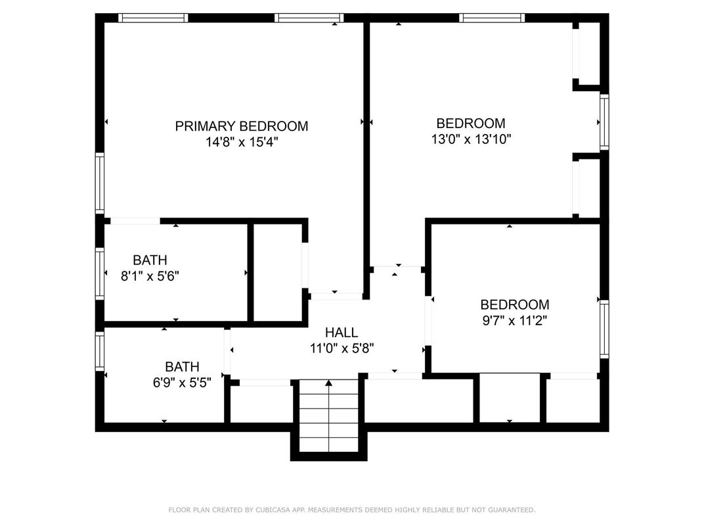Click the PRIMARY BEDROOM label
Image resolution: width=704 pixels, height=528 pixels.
point(242,126)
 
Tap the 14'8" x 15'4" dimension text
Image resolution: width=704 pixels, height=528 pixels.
point(242,143)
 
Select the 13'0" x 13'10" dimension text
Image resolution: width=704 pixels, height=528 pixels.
point(472,139)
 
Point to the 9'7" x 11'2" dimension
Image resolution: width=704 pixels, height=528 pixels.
point(514,320)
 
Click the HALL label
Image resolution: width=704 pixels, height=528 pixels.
point(341,333)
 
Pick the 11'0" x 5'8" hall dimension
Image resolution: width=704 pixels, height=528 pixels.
point(342,349)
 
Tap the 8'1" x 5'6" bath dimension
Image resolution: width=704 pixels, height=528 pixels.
point(150,276)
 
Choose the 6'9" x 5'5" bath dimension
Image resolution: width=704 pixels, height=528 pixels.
point(182,382)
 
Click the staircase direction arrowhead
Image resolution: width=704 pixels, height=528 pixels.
point(328,383)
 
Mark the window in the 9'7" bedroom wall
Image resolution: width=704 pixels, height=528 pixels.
point(604,328)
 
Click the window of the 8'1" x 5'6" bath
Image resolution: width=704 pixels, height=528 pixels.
point(100,273)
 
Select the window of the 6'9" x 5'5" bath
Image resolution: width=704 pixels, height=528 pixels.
point(100,351)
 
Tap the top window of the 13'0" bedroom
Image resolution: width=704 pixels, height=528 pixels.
point(492,18)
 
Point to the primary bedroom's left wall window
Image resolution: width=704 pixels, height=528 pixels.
point(100,183)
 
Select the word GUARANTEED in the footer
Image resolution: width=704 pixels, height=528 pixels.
point(512,510)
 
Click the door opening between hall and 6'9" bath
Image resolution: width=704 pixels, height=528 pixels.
point(227,351)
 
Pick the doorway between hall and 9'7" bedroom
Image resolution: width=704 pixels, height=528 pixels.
point(428,320)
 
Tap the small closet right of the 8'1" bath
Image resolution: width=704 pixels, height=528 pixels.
point(278,273)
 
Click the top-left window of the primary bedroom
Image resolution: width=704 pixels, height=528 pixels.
point(153,18)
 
